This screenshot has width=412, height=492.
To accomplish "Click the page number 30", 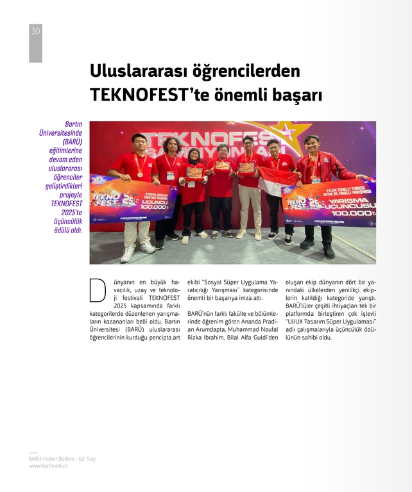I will point(35,31).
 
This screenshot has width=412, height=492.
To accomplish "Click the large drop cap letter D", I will point(98,290).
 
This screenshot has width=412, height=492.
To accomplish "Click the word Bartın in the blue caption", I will point(73,124).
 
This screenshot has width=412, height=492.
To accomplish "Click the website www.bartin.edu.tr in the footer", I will point(48,466).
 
